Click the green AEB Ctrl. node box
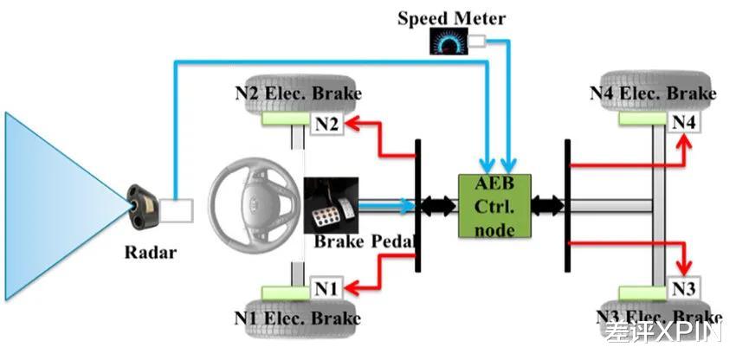(494, 206)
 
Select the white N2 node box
(327, 125)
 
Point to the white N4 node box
(683, 123)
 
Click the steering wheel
(255, 202)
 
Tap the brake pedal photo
(331, 204)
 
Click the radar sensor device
(142, 208)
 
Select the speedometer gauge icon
(449, 42)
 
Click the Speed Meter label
(451, 18)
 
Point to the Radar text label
(150, 253)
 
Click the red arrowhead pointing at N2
(353, 124)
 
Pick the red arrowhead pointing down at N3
(684, 269)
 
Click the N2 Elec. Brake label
(298, 93)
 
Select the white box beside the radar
(176, 210)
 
